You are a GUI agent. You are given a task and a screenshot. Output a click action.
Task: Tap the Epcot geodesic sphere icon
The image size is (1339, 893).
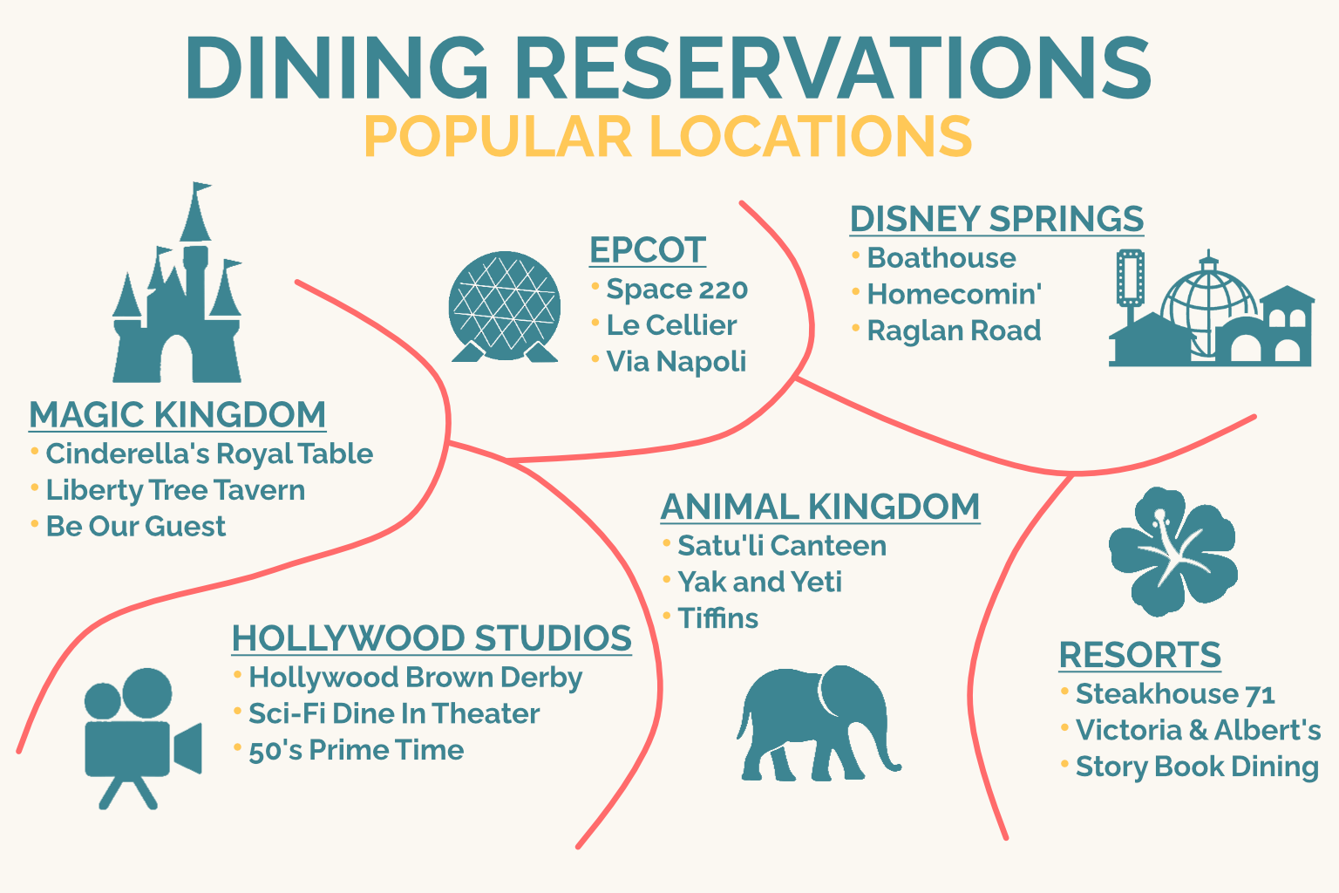click(x=505, y=306)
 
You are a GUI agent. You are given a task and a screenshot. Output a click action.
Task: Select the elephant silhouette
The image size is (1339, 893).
click(x=818, y=723)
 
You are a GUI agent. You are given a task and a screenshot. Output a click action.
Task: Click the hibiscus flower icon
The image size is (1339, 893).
click(x=1172, y=551)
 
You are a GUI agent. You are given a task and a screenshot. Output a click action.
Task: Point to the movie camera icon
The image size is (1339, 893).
click(x=143, y=739)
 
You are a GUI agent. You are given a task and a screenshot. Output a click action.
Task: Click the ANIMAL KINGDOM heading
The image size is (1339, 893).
click(x=820, y=507)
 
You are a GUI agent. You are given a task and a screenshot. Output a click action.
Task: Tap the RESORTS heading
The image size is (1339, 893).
click(x=1140, y=654)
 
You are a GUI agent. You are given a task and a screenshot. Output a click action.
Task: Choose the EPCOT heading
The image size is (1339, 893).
click(x=648, y=249)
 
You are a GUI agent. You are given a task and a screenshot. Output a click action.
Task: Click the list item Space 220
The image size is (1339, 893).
click(x=676, y=290)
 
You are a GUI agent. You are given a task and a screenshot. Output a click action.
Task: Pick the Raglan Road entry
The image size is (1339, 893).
click(x=954, y=331)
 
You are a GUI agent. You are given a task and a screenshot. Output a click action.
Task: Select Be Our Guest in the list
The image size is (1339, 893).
click(x=136, y=527)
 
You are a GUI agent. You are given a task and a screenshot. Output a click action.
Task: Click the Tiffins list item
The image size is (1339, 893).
click(x=718, y=618)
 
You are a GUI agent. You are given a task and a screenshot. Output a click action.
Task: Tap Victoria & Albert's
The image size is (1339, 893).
click(x=1198, y=730)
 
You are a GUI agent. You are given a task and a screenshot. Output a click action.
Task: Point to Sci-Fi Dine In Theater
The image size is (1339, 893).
click(x=394, y=713)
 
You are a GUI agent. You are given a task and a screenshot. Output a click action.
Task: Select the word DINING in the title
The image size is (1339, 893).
click(x=336, y=67)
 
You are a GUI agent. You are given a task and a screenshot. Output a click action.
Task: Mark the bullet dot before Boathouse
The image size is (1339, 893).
click(x=855, y=256)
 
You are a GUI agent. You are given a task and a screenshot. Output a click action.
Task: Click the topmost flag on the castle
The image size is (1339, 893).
click(x=201, y=187)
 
